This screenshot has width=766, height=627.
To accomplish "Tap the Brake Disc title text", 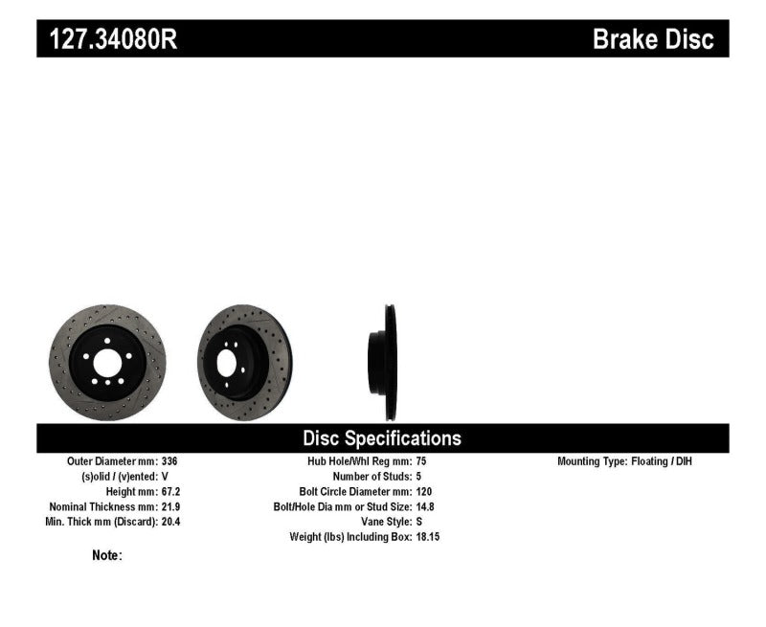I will click(653, 39).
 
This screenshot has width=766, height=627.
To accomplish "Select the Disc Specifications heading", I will click(382, 438).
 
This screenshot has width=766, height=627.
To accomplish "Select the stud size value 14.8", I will click(427, 506).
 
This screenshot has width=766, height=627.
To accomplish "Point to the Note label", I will click(106, 555).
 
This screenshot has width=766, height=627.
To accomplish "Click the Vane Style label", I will click(383, 522).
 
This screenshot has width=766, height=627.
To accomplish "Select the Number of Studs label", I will click(372, 476).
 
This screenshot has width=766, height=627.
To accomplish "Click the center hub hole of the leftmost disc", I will click(106, 363).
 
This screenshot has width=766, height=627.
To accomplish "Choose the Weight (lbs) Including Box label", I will click(349, 537).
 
